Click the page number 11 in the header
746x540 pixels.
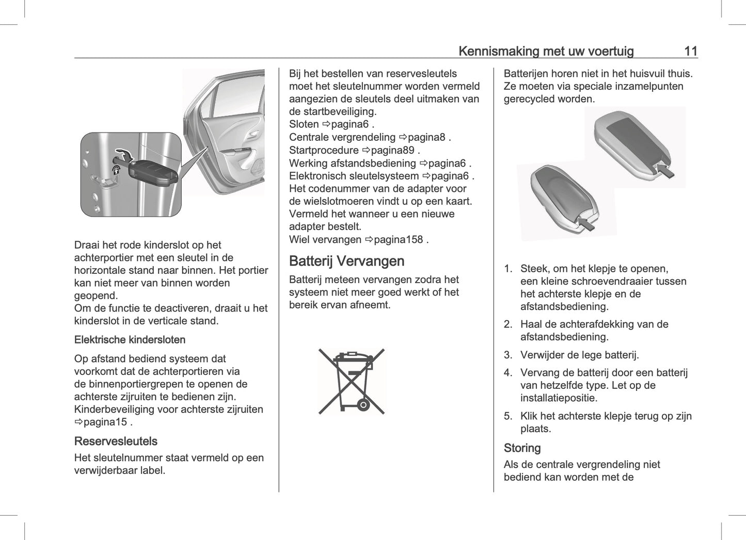click(690, 51)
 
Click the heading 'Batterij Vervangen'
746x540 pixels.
click(346, 261)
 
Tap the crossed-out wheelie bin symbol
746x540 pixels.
click(352, 381)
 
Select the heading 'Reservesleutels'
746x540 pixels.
click(116, 441)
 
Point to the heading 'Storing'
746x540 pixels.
click(522, 448)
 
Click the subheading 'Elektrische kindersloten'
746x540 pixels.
click(130, 339)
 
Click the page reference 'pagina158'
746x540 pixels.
click(399, 239)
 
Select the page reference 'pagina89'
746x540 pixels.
click(392, 150)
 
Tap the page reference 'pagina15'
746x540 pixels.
click(105, 422)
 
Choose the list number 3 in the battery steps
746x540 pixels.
click(508, 355)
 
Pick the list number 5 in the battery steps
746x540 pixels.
click(508, 416)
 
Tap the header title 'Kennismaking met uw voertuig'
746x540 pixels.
click(546, 51)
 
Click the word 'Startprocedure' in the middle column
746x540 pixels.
click(324, 150)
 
